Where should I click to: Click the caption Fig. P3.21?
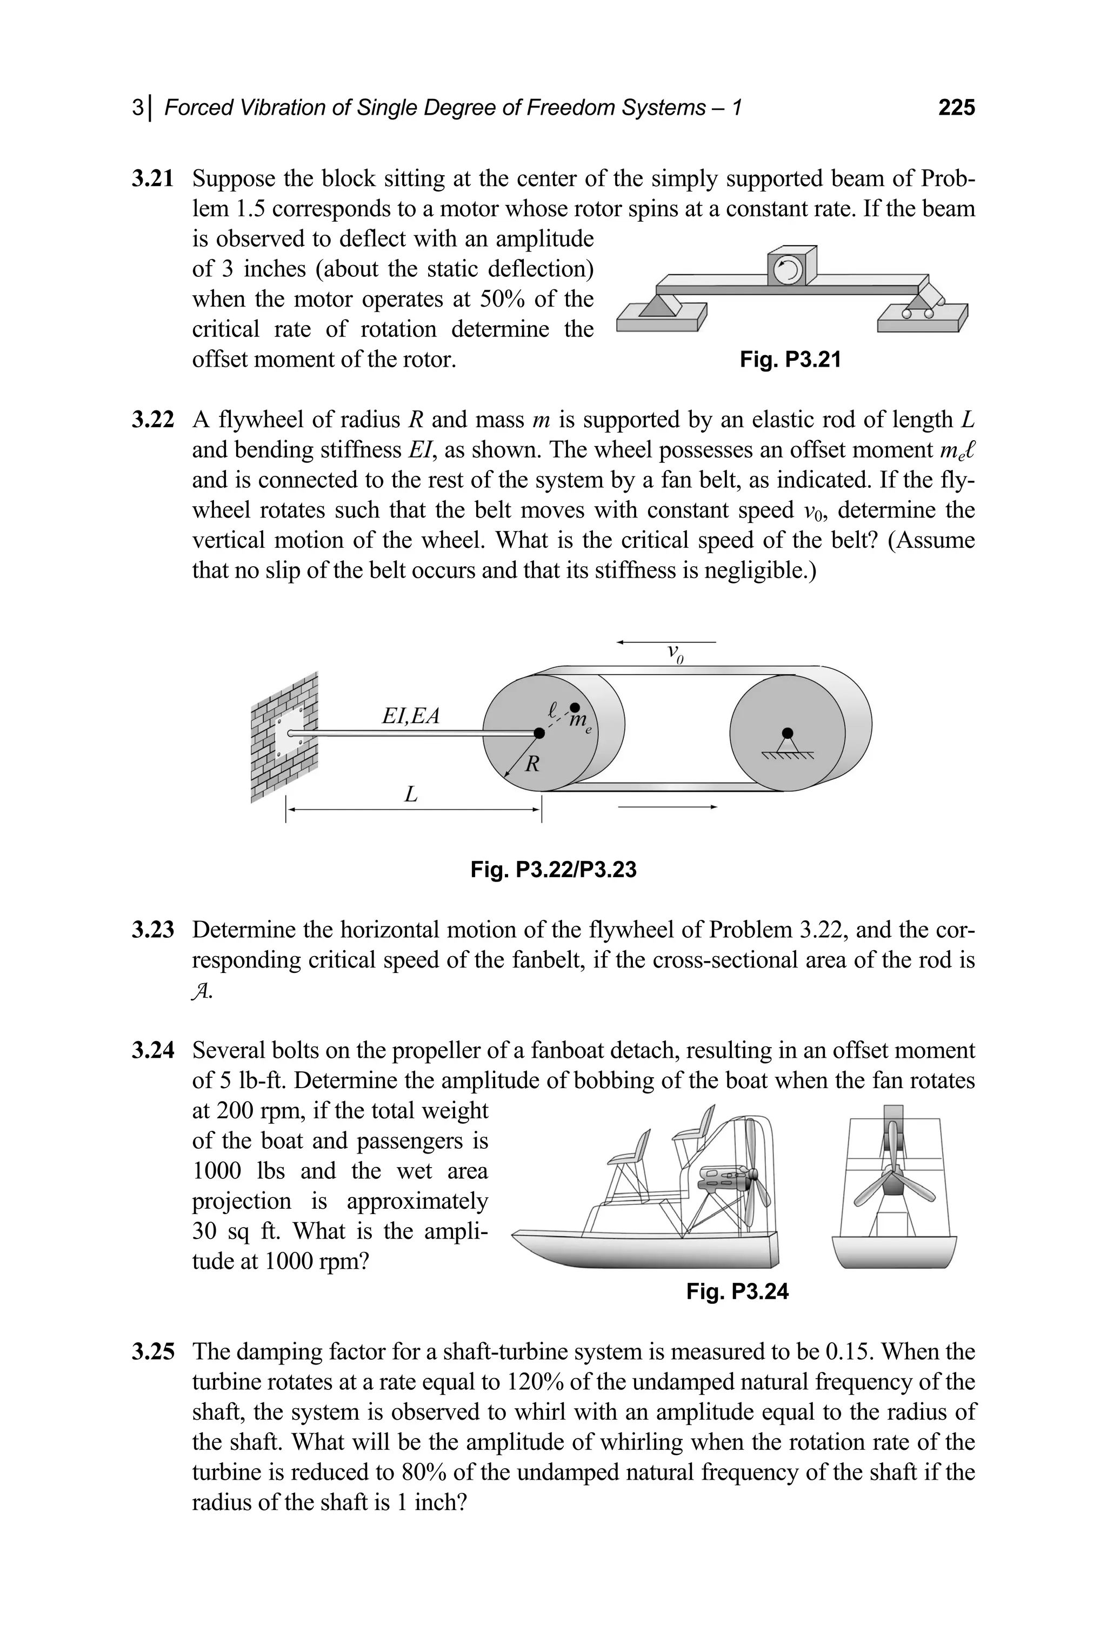click(790, 360)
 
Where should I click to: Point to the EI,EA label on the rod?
click(410, 716)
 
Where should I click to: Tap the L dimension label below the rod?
click(410, 794)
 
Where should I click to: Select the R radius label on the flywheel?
click(533, 764)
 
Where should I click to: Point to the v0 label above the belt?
click(676, 653)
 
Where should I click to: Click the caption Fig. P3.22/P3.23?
click(553, 870)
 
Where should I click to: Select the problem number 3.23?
click(152, 930)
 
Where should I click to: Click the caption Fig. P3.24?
click(737, 1292)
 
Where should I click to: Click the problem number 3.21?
click(152, 178)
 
